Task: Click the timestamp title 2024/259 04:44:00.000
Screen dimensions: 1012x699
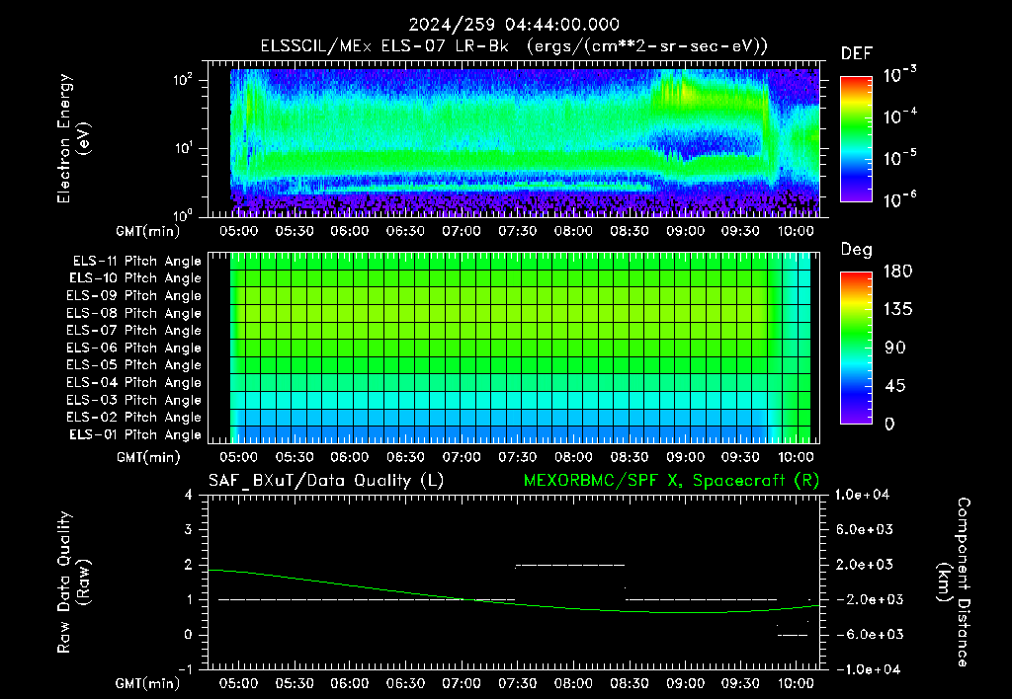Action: point(514,25)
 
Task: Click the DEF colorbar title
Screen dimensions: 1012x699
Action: point(857,54)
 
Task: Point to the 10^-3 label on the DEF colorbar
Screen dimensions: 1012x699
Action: point(899,75)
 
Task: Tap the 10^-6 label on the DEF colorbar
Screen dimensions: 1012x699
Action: point(899,199)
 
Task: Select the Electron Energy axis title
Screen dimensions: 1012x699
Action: point(73,138)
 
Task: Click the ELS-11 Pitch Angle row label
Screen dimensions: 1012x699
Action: point(136,262)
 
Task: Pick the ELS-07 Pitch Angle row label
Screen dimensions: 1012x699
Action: point(133,330)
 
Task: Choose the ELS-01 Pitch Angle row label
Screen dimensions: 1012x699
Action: point(134,434)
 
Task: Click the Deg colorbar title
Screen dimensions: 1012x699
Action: point(857,250)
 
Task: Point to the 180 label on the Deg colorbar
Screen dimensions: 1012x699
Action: point(897,271)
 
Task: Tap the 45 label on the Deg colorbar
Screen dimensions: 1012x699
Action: point(894,386)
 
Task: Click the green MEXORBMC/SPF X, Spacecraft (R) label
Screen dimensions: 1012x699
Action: point(671,481)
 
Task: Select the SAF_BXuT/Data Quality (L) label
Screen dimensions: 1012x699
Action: point(326,481)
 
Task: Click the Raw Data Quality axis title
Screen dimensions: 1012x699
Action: point(73,582)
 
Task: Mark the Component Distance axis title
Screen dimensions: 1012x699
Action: point(955,582)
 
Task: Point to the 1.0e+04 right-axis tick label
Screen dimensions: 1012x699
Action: point(862,495)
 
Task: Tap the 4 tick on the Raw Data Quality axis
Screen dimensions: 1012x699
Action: point(189,495)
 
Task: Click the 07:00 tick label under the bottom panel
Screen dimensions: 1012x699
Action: point(462,683)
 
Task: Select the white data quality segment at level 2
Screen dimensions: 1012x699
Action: point(570,565)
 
